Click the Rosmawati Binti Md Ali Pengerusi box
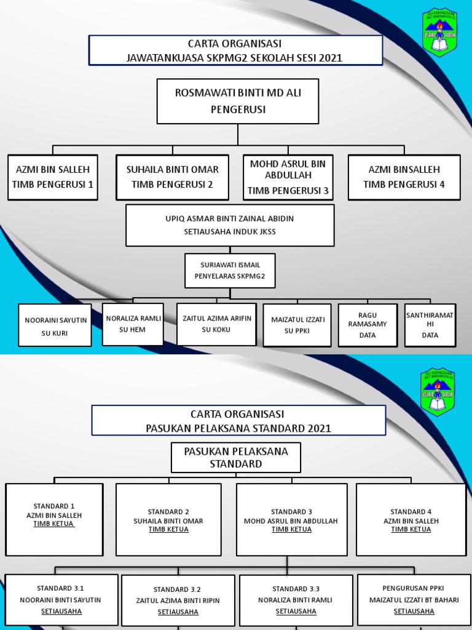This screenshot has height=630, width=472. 237,101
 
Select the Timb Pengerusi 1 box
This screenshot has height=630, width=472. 53,177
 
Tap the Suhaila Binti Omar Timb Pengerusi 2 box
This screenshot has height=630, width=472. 172,177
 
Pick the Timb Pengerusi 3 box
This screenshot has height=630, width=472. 288,177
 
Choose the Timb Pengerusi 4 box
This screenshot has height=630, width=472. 404,177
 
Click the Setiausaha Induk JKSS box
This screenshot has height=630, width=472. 230,225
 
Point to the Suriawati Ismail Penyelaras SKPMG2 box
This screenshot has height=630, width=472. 230,271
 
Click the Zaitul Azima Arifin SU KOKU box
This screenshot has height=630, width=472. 216,324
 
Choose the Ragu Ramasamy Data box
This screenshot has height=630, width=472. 367,325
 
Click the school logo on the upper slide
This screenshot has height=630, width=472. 441,33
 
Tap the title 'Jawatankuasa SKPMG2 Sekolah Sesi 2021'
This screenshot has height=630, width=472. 235,58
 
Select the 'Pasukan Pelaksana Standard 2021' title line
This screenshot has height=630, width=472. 238,428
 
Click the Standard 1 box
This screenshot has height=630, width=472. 54,519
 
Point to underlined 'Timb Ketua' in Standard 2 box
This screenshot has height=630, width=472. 168,530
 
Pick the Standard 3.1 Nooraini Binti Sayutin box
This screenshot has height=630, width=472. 61,600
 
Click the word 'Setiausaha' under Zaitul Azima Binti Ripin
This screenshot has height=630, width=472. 178,612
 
